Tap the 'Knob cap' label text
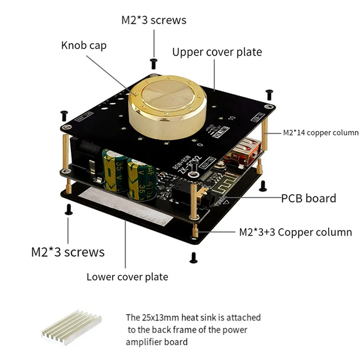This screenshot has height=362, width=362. tap(84, 46)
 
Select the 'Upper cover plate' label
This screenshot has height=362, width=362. tap(217, 52)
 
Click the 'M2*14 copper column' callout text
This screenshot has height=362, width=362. tap(321, 133)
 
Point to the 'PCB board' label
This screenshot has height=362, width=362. tap(309, 198)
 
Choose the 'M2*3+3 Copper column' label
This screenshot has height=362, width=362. tap(295, 232)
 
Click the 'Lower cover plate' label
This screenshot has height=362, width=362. tap(127, 276)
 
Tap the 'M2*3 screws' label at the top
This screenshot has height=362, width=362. tap(153, 20)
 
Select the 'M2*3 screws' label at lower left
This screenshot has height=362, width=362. tap(67, 252)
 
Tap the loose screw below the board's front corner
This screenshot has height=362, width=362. tap(194, 257)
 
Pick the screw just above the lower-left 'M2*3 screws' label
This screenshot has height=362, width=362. tap(69, 209)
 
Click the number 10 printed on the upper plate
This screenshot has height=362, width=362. tap(231, 119)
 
